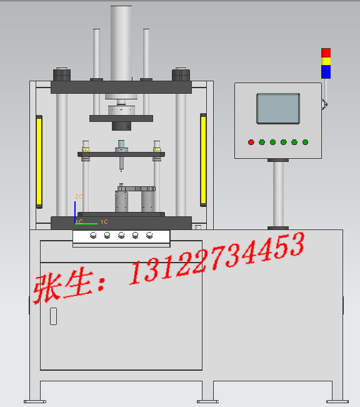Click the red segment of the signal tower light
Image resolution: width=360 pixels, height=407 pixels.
(326, 53)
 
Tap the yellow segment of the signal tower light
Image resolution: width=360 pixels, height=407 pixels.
(326, 61)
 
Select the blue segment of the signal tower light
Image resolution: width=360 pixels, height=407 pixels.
(326, 72)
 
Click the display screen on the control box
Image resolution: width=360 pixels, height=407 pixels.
(278, 108)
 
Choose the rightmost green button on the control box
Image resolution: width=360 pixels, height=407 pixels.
(305, 142)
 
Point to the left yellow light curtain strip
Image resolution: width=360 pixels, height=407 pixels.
(39, 161)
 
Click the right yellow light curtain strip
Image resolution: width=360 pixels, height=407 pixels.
(203, 159)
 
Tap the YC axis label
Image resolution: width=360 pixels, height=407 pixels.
(104, 222)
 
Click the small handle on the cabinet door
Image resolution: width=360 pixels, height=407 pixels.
(53, 316)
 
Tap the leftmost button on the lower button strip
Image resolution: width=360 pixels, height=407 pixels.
(93, 236)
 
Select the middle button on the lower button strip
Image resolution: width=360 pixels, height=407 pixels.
(121, 236)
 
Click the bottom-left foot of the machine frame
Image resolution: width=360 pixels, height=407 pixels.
(35, 401)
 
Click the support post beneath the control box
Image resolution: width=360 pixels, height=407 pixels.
(278, 194)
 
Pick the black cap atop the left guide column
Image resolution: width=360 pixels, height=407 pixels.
(61, 74)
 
